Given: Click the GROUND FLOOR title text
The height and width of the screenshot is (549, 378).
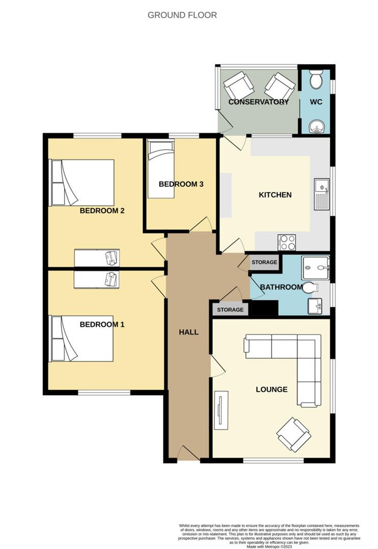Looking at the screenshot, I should [x=182, y=15].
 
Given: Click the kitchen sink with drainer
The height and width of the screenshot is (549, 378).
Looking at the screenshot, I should [x=322, y=194].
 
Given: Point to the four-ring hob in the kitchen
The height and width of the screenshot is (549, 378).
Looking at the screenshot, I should [x=287, y=243].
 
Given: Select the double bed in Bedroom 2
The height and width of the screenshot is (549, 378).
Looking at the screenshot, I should [x=81, y=182].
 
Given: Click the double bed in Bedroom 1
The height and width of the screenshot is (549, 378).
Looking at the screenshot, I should [x=81, y=339].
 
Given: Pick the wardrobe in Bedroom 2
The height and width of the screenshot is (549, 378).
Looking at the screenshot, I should [x=97, y=258].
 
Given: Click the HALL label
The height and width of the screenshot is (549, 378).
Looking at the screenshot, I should [x=188, y=332].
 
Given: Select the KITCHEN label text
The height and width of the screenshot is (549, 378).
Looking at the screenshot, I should [x=275, y=195].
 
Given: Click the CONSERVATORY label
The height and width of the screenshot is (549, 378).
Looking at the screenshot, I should [x=258, y=102].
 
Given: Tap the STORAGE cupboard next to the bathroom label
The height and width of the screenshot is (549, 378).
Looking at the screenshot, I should [x=265, y=262].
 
